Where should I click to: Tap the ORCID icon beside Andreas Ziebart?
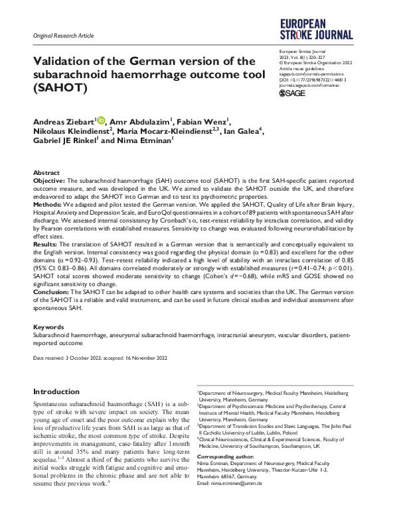click(x=102, y=120)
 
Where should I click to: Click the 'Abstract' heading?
click(x=46, y=172)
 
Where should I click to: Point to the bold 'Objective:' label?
click(x=49, y=180)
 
